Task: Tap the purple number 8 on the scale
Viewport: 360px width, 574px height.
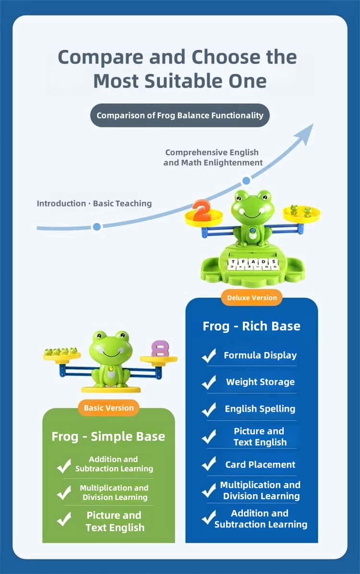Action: pos(160,349)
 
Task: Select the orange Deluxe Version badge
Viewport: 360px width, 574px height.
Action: pos(252,298)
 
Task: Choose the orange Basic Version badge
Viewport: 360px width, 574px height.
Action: pos(108,408)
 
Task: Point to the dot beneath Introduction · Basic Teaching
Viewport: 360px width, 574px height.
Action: pos(96,227)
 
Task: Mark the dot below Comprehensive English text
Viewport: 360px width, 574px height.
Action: pos(246,181)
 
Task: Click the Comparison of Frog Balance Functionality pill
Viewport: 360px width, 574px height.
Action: pos(180,115)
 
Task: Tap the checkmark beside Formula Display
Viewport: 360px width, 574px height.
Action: pos(209,355)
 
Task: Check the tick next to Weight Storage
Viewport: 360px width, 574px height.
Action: pos(209,382)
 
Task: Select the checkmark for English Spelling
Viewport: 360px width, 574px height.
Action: pos(209,409)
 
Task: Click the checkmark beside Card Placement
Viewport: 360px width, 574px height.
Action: pos(209,464)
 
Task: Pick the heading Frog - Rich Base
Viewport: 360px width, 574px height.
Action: pos(252,326)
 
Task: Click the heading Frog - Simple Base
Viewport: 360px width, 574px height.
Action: pos(108,436)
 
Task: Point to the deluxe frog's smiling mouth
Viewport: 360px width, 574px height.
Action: pos(252,214)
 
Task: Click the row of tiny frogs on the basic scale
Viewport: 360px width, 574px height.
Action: pos(61,351)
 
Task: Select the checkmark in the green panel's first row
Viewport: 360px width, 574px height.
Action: pos(64,465)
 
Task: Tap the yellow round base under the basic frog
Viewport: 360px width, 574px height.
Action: pos(111,389)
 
